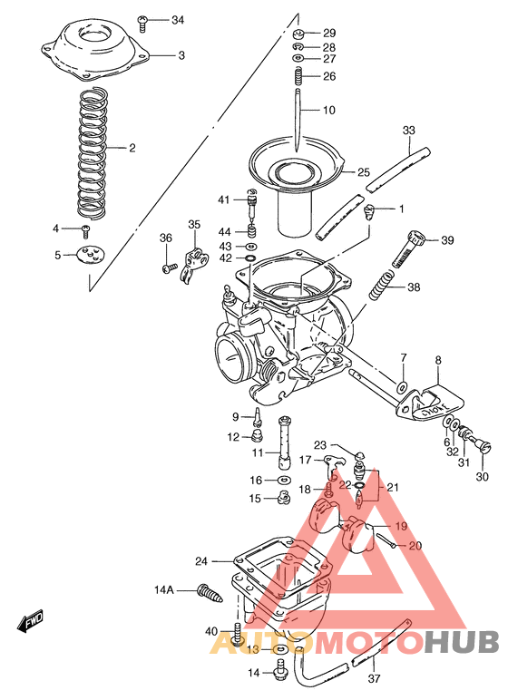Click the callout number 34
click(177, 19)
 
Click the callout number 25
click(364, 171)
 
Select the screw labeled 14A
click(208, 593)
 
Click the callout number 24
click(201, 560)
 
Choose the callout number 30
click(482, 477)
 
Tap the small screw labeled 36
click(168, 267)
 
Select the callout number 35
click(192, 224)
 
